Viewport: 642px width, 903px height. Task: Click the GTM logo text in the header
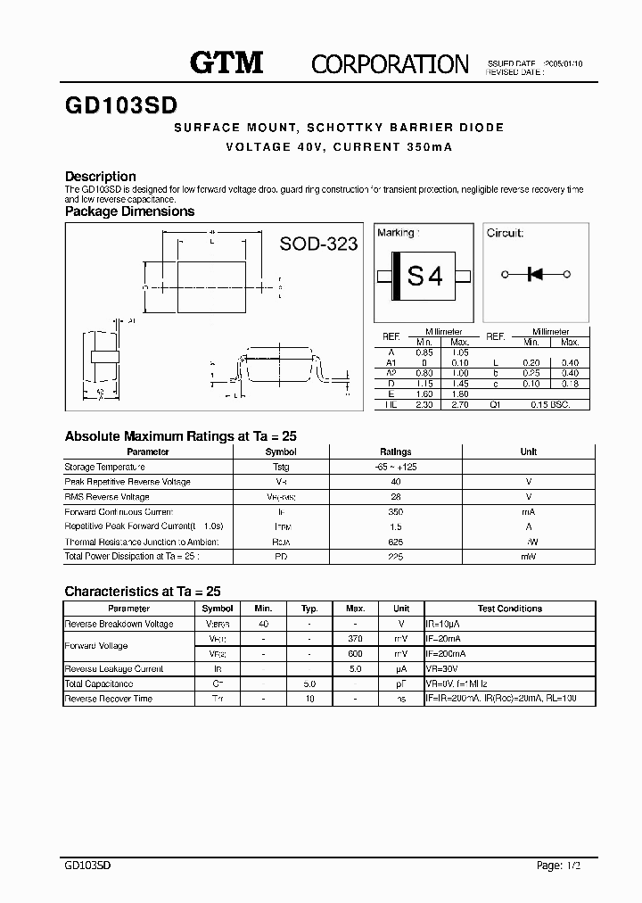226,62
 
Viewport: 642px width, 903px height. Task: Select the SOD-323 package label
318,244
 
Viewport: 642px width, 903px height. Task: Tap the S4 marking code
424,277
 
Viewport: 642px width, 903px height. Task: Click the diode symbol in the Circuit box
536,274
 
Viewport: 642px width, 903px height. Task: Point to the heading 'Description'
101,177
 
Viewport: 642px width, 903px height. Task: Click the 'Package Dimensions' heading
129,211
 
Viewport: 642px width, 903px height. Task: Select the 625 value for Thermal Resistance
396,542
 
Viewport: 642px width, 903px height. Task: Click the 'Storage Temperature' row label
105,467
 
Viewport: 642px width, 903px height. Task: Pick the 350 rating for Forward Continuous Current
396,512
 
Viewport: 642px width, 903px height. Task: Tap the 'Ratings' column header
396,451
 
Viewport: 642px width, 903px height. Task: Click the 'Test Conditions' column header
509,609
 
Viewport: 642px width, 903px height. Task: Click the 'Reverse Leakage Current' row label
114,668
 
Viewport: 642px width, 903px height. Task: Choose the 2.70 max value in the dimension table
459,404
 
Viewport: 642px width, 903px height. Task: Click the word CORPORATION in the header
390,63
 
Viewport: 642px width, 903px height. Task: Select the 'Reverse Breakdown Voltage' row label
119,624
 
